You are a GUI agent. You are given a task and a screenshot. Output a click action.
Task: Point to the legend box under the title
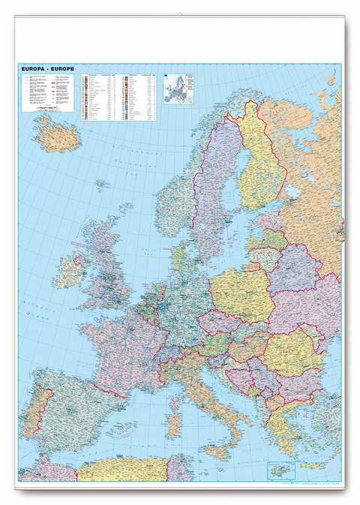[x=46, y=93]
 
